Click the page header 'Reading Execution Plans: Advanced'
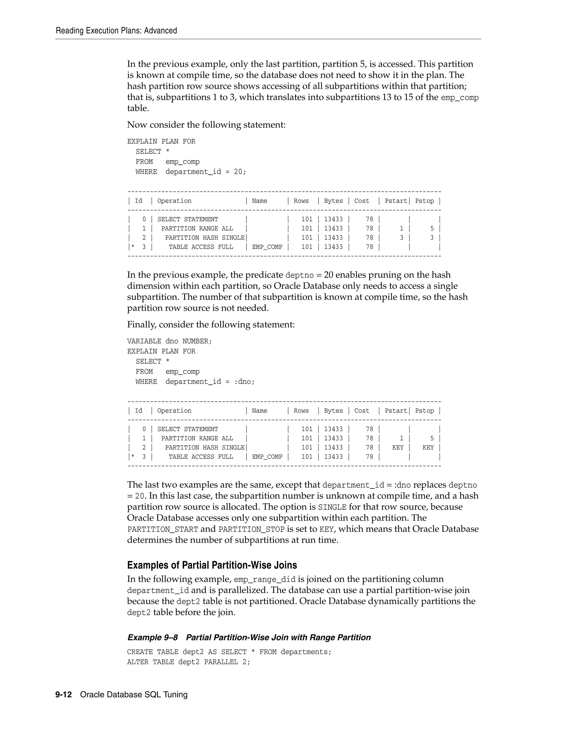tap(116, 31)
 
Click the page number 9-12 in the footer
tap(64, 695)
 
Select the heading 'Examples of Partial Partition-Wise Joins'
tap(212, 565)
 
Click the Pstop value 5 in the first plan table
tap(432, 228)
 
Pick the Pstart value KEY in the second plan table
tap(398, 448)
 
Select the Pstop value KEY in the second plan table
tap(428, 448)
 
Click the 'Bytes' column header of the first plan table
tap(333, 201)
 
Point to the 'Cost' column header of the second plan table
tap(362, 411)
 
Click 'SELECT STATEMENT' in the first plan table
tap(188, 219)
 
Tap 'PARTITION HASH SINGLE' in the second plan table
tap(205, 448)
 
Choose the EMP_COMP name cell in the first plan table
tap(267, 247)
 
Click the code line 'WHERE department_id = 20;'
tap(191, 172)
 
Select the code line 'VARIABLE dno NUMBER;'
tap(169, 341)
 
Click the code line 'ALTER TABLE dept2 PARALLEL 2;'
tap(188, 662)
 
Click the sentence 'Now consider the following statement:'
tap(206, 125)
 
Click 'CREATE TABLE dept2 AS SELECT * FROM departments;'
tap(229, 652)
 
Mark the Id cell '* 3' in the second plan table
tap(140, 457)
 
